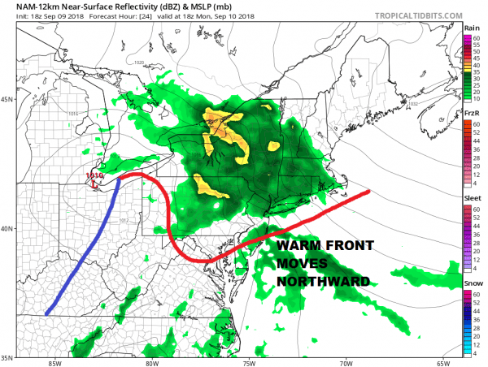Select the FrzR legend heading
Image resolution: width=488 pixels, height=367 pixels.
[x=472, y=112]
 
